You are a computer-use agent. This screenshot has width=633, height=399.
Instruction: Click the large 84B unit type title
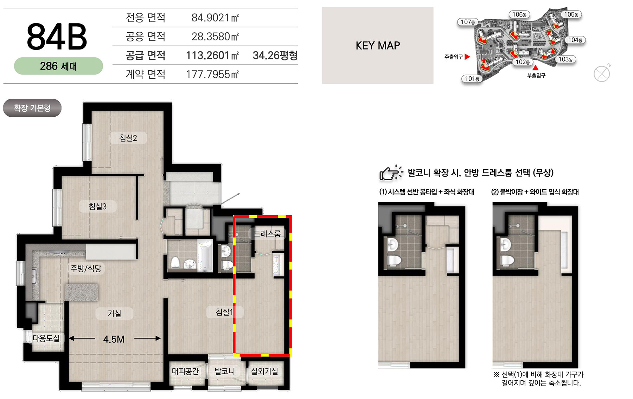(57, 37)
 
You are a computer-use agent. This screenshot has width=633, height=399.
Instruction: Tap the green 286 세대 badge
(58, 66)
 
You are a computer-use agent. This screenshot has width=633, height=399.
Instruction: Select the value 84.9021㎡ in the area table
(215, 18)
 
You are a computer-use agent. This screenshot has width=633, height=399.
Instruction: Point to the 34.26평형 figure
(275, 55)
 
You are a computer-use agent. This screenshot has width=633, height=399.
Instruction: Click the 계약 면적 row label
(146, 74)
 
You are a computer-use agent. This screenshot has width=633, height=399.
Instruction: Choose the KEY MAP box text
(378, 46)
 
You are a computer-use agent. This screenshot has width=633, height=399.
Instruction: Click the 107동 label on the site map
(468, 22)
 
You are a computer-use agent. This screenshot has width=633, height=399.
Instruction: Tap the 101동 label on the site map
(472, 79)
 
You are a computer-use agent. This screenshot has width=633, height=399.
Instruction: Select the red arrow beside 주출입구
(467, 57)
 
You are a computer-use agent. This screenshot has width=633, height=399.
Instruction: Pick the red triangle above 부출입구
(535, 68)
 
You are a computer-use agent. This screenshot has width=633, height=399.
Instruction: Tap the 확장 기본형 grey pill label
(32, 108)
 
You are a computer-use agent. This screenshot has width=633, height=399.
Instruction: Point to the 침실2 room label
(128, 138)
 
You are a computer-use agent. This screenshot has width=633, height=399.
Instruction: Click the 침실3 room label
(97, 206)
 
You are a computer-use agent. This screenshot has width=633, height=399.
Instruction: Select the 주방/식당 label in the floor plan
(86, 268)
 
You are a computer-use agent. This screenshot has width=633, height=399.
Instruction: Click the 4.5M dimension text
(114, 339)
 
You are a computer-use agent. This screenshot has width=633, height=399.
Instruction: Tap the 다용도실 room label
(46, 338)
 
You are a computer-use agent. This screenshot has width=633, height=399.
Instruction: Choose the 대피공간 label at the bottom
(185, 371)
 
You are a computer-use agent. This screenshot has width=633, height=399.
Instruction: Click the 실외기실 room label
(264, 371)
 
